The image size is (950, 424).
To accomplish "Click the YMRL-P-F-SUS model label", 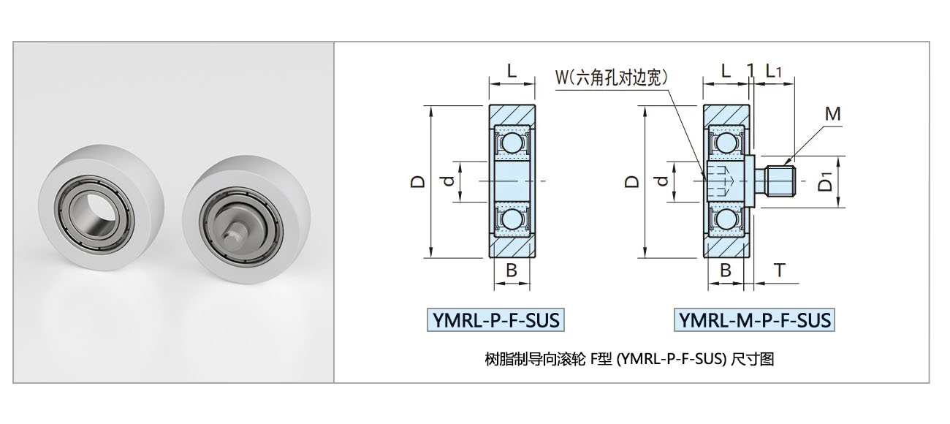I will (496, 320).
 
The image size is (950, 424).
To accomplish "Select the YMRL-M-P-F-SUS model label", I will (754, 320).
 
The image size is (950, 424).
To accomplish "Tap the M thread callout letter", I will (832, 114).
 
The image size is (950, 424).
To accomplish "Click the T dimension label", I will (779, 270).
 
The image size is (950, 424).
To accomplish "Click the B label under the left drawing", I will (512, 270).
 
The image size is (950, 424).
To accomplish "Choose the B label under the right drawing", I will (726, 270).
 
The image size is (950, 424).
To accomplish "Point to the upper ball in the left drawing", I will (512, 141).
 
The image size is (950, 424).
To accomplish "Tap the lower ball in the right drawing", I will (726, 220).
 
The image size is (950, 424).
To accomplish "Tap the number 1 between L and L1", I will (750, 71).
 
